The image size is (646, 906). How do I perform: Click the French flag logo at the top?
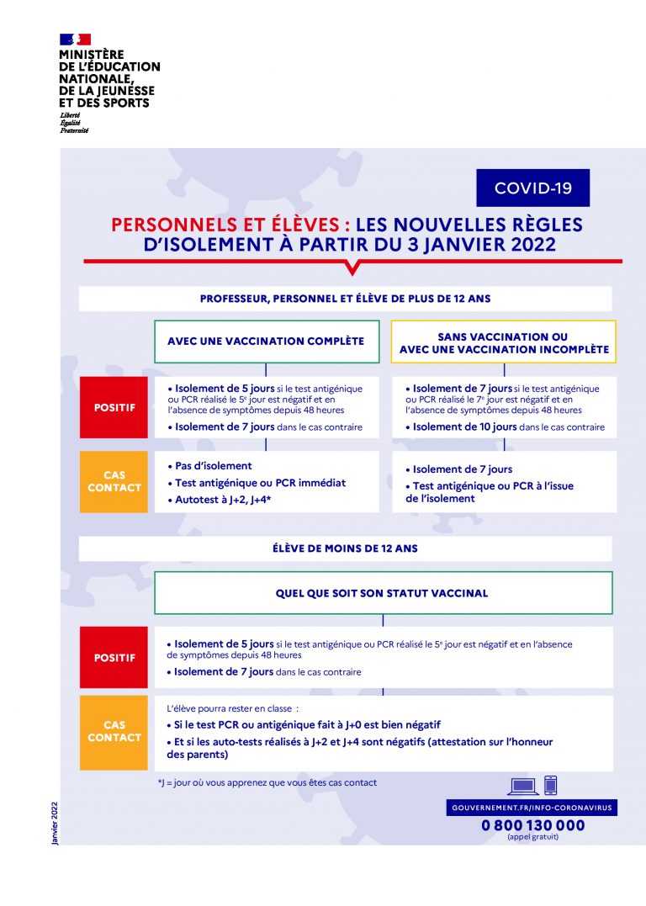tap(75, 39)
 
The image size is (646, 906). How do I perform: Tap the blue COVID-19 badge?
tap(533, 188)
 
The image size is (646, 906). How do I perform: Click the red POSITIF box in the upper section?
tap(114, 408)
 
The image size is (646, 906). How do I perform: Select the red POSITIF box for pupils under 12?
tap(114, 658)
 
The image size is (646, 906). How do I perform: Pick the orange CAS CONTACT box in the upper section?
tap(114, 481)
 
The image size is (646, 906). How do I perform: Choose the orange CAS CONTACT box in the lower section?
tap(114, 731)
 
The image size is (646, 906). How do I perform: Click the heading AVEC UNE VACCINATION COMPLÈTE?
tap(266, 342)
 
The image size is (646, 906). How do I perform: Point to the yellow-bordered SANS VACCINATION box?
tap(504, 342)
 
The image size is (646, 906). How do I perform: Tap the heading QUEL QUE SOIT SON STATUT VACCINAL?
tap(382, 593)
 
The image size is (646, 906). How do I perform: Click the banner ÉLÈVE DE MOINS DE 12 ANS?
tap(345, 548)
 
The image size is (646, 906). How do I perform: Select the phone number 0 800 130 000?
tap(532, 825)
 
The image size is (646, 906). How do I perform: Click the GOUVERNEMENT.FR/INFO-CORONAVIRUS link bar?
tap(532, 808)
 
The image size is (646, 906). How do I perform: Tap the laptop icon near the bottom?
tap(523, 787)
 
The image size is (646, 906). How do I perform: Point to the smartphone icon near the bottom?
tap(551, 785)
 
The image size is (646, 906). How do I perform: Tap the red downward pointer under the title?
tap(352, 268)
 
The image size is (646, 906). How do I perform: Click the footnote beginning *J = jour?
tap(267, 782)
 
